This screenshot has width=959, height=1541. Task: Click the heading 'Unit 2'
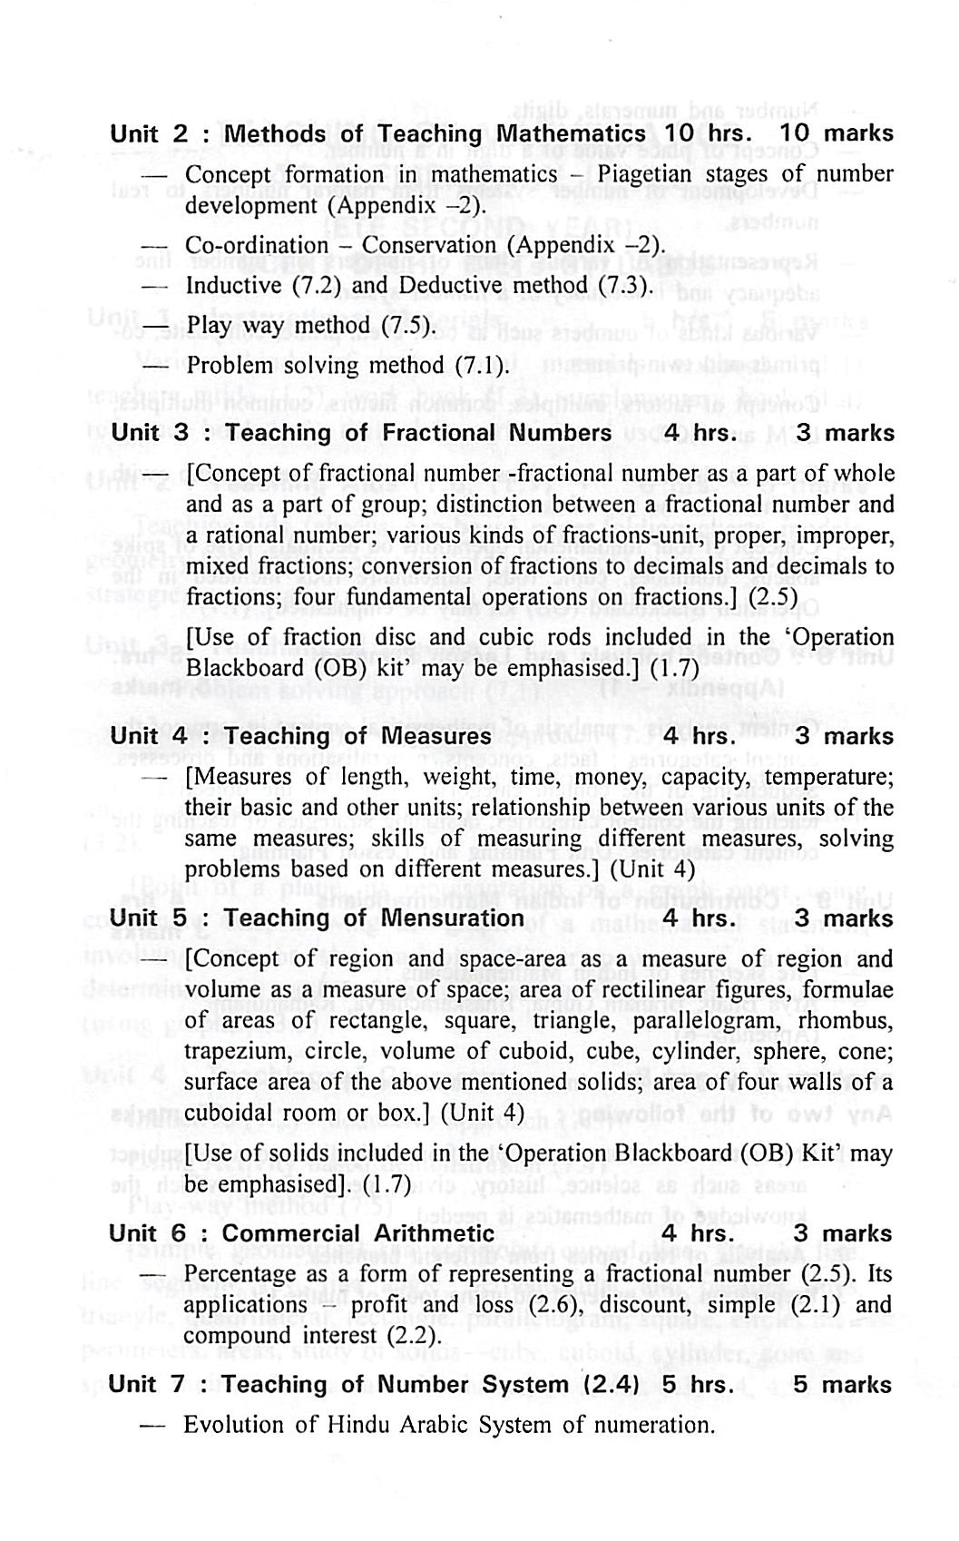[148, 133]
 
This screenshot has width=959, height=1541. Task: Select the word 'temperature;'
[829, 777]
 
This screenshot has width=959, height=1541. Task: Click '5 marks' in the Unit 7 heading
[843, 1385]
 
